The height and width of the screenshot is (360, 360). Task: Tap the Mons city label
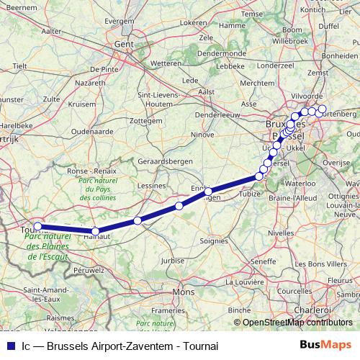pyautogui.click(x=184, y=292)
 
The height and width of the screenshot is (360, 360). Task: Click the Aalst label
pyautogui.click(x=207, y=91)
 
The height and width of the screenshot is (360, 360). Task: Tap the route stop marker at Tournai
pyautogui.click(x=38, y=226)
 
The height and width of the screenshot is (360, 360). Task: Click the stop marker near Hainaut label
pyautogui.click(x=96, y=231)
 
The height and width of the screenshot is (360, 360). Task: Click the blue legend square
pyautogui.click(x=9, y=344)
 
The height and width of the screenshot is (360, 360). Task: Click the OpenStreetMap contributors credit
pyautogui.click(x=297, y=323)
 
